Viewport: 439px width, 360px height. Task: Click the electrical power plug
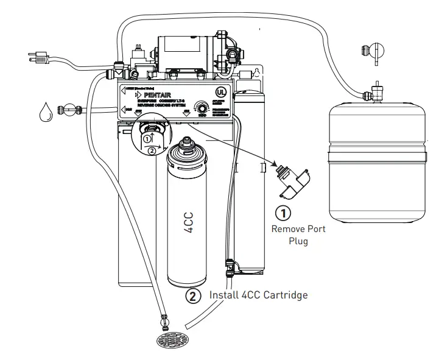pyautogui.click(x=38, y=58)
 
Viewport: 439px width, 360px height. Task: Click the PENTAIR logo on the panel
pyautogui.click(x=157, y=95)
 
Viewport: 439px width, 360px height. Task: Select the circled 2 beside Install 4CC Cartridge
pyautogui.click(x=194, y=296)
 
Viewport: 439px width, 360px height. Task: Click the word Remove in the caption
pyautogui.click(x=289, y=229)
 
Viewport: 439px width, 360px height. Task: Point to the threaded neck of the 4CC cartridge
pyautogui.click(x=189, y=147)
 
